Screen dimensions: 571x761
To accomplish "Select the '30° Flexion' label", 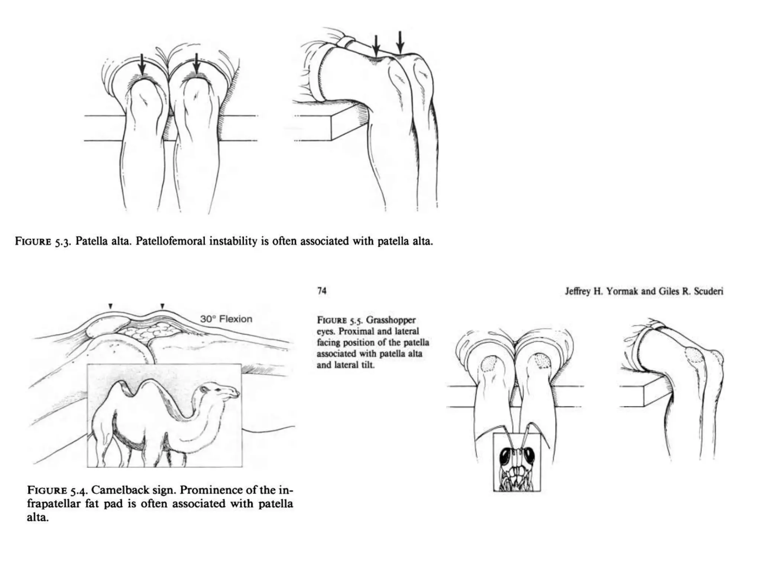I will [226, 319].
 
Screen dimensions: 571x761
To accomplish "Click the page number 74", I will [322, 291].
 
